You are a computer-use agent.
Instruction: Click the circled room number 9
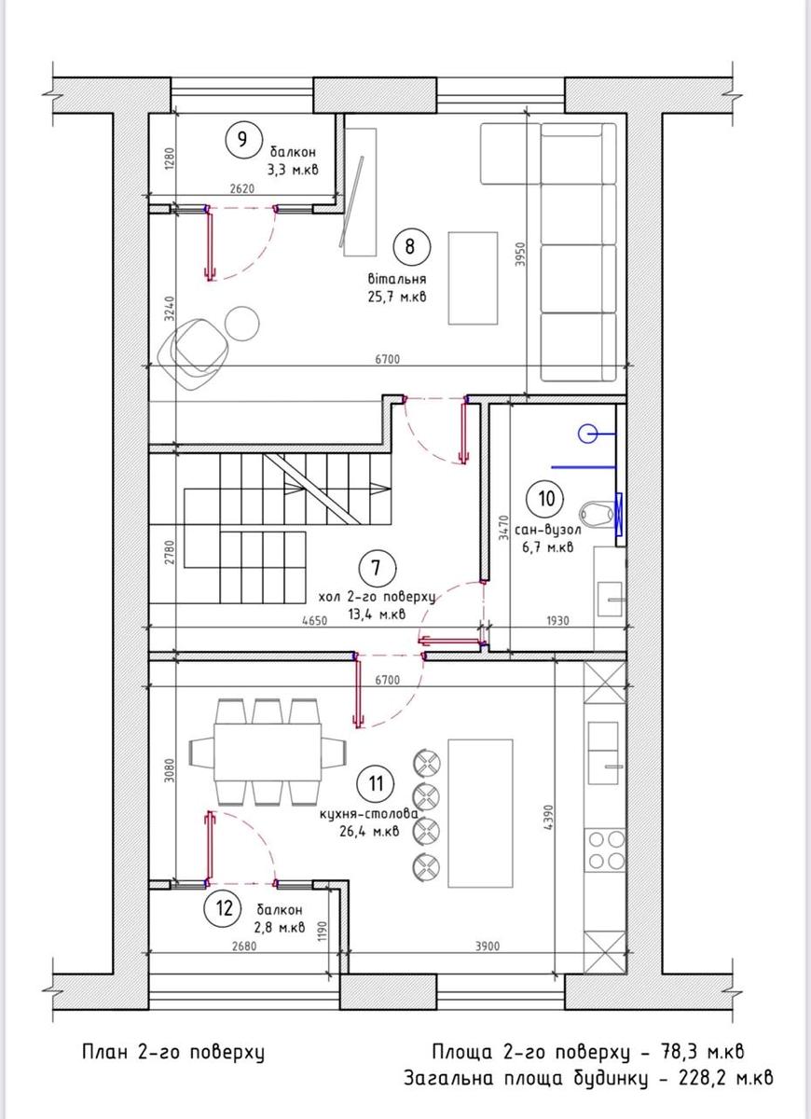pos(242,139)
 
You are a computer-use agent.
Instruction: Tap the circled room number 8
pos(410,247)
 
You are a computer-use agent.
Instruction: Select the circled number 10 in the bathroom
pos(547,498)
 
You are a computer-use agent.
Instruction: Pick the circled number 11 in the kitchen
pos(376,783)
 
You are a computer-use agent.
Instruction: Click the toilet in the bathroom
pos(598,514)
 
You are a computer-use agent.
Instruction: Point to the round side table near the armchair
pos(242,324)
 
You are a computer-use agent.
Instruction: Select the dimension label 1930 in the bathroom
pos(557,620)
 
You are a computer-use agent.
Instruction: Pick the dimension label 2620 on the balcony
pos(242,188)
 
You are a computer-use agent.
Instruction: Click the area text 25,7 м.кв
pos(397,297)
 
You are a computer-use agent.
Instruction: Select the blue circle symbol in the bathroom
pos(588,434)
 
